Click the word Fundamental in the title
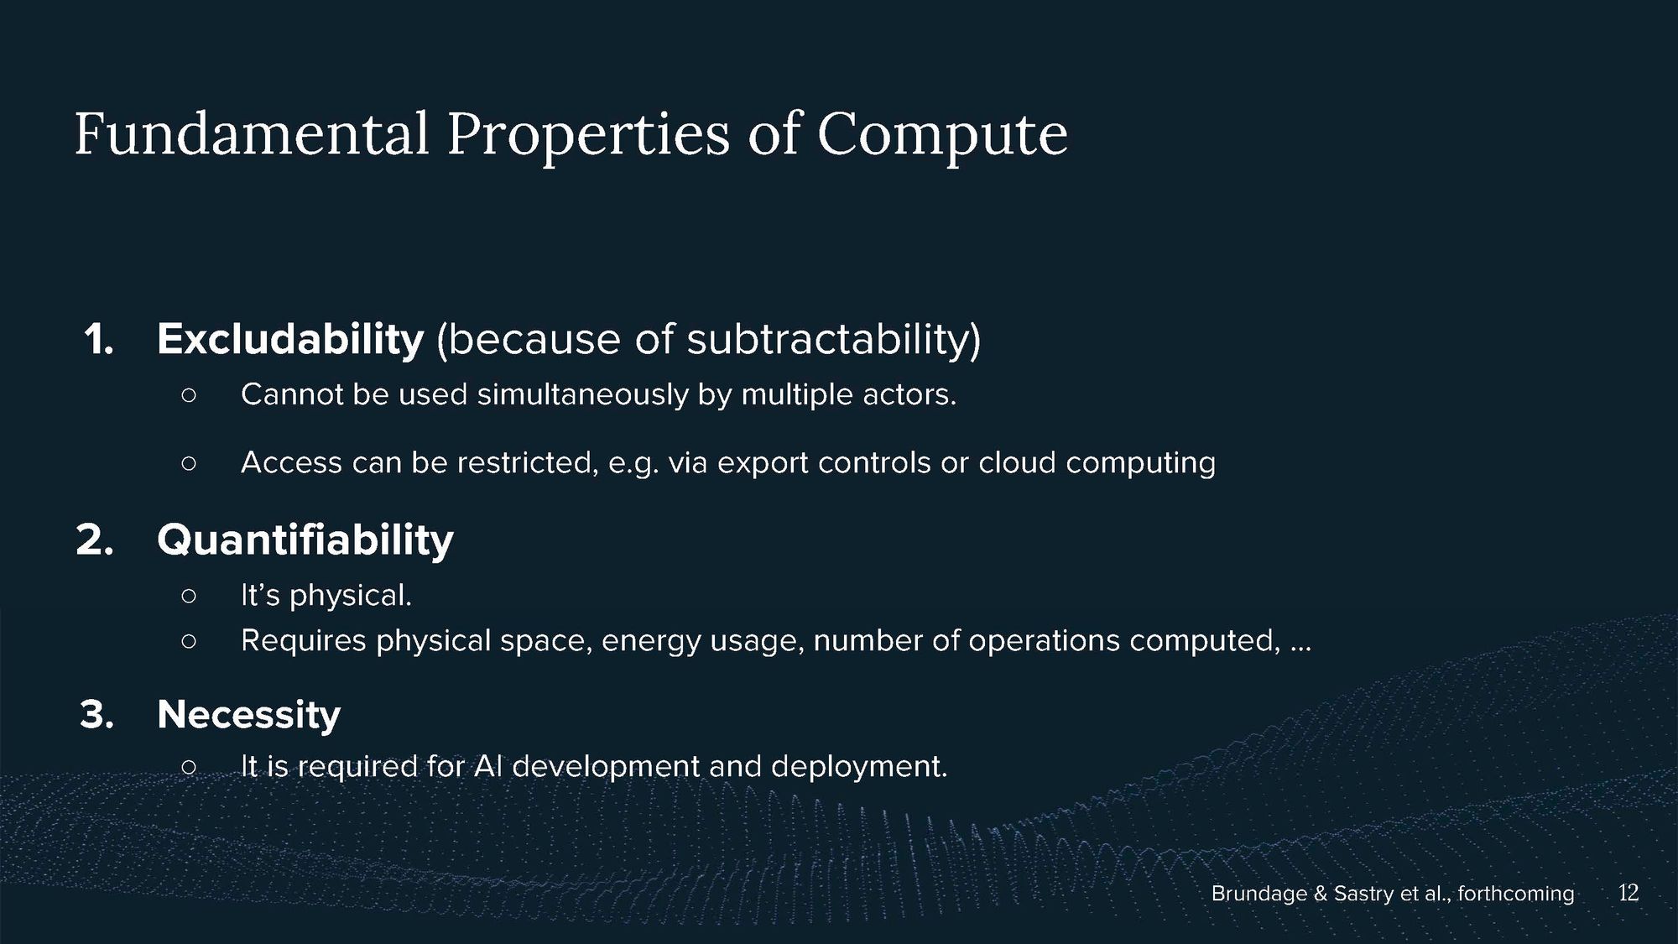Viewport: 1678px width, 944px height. click(252, 134)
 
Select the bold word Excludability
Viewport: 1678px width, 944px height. click(290, 339)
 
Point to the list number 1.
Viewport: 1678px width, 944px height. click(98, 340)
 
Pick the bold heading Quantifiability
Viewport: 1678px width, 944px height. click(305, 540)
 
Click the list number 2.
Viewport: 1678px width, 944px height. click(95, 540)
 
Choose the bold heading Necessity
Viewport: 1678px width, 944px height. click(249, 715)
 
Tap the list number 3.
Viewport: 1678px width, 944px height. click(96, 715)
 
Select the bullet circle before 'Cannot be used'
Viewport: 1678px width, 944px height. click(189, 394)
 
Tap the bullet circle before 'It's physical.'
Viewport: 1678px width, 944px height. click(189, 596)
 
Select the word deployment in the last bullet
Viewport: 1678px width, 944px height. click(858, 767)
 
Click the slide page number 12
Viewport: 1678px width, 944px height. click(1628, 893)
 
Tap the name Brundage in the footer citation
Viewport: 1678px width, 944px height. click(1259, 894)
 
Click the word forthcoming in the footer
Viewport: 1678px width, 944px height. click(1516, 894)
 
